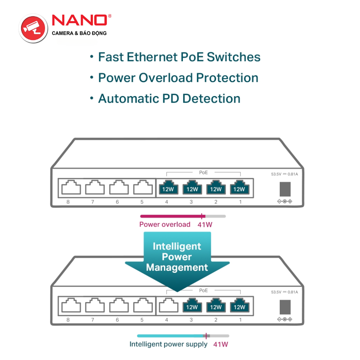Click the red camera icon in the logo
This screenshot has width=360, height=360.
(x=33, y=28)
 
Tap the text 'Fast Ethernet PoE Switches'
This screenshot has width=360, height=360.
(x=179, y=57)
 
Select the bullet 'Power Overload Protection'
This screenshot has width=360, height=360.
(x=178, y=78)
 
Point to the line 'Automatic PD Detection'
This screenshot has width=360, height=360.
(x=169, y=99)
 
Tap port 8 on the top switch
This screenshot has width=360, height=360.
(x=71, y=188)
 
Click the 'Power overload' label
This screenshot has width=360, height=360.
(x=165, y=225)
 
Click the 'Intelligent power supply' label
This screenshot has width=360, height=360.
(x=168, y=344)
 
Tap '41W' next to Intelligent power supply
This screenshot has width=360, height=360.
(x=221, y=344)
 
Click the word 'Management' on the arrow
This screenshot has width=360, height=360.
(x=177, y=267)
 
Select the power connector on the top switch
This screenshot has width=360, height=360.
(x=285, y=189)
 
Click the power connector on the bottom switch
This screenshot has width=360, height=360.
(x=285, y=307)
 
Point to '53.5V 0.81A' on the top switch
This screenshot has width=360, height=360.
(x=284, y=174)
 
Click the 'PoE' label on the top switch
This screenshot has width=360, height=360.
(x=203, y=172)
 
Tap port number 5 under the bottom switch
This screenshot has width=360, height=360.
(x=142, y=320)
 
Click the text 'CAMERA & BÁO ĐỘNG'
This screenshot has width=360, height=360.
(x=79, y=33)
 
